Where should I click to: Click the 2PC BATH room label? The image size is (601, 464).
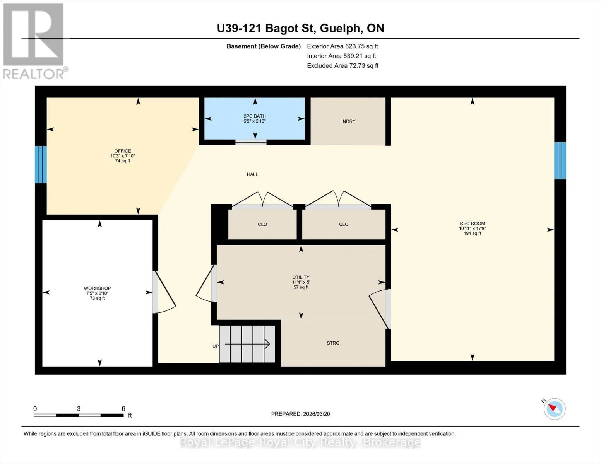pyautogui.click(x=255, y=119)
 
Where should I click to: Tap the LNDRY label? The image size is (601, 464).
pyautogui.click(x=348, y=121)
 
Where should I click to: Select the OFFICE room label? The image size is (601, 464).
pyautogui.click(x=123, y=156)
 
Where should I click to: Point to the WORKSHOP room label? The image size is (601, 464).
pyautogui.click(x=98, y=293)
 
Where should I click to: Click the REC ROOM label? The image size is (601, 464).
pyautogui.click(x=472, y=228)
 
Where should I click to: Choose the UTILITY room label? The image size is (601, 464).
pyautogui.click(x=301, y=282)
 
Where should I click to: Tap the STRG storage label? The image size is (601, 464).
pyautogui.click(x=333, y=343)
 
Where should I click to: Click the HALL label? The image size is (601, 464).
pyautogui.click(x=252, y=174)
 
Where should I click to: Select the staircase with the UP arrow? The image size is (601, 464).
pyautogui.click(x=247, y=344)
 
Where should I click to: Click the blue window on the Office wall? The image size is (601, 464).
pyautogui.click(x=41, y=164)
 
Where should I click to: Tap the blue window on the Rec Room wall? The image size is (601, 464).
pyautogui.click(x=560, y=160)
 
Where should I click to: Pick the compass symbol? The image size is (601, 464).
pyautogui.click(x=554, y=409)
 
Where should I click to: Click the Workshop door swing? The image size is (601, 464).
pyautogui.click(x=164, y=292)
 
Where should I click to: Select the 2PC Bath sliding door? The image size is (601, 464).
pyautogui.click(x=251, y=142)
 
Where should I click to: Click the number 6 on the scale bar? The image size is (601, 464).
pyautogui.click(x=123, y=409)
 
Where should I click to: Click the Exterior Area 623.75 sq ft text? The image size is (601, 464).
pyautogui.click(x=342, y=46)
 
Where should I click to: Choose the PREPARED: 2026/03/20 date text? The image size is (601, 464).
pyautogui.click(x=300, y=414)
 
